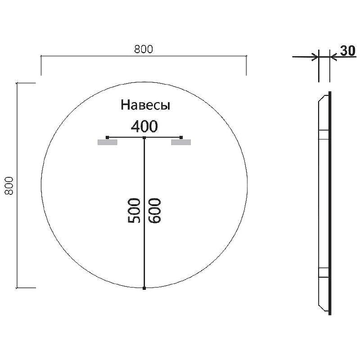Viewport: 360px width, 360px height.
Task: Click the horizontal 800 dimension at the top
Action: tap(144, 49)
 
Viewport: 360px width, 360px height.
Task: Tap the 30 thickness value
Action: tap(347, 51)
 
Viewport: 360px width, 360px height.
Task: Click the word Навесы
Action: tap(145, 105)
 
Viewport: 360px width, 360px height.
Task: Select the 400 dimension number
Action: tap(144, 126)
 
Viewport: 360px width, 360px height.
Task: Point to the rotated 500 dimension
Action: tap(134, 211)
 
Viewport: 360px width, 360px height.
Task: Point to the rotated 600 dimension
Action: tap(154, 211)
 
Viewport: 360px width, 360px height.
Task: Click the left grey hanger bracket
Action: tap(107, 143)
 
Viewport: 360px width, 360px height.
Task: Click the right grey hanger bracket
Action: tap(181, 143)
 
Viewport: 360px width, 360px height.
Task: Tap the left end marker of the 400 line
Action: tap(107, 137)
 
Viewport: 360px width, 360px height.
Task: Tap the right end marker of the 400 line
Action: tap(181, 137)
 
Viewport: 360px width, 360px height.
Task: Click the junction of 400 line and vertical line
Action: tap(144, 137)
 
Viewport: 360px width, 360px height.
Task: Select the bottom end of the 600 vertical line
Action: tap(144, 288)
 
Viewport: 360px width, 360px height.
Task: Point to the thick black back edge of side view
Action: tap(330, 202)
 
